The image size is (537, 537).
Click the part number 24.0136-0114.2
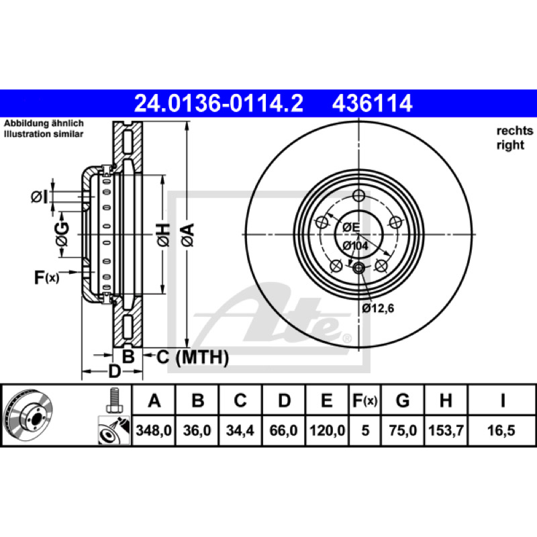pyautogui.click(x=219, y=103)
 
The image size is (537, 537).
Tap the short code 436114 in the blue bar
pyautogui.click(x=372, y=103)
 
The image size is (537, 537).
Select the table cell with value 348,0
pyautogui.click(x=154, y=430)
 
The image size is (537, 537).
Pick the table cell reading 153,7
pyautogui.click(x=446, y=430)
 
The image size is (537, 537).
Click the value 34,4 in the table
pyautogui.click(x=240, y=430)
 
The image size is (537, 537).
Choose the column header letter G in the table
pyautogui.click(x=402, y=400)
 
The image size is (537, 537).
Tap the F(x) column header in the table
pyautogui.click(x=365, y=400)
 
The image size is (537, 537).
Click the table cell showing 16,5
pyautogui.click(x=501, y=430)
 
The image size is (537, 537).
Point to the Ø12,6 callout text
pyautogui.click(x=378, y=308)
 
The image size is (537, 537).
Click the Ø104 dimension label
pyautogui.click(x=355, y=246)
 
